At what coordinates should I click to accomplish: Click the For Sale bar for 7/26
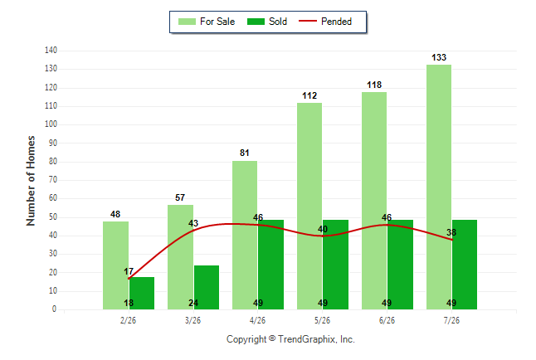(439, 187)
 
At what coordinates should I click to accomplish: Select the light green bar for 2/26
(116, 265)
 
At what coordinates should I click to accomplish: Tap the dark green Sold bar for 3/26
(207, 288)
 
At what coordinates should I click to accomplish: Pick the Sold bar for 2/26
(142, 294)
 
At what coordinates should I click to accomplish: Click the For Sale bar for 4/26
(245, 236)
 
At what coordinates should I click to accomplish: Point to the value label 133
(439, 57)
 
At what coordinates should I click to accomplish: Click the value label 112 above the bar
(309, 95)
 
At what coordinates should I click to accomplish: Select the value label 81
(245, 153)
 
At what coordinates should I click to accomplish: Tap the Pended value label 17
(129, 271)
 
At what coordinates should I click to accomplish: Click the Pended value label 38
(451, 232)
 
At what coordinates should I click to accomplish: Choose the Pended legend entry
(325, 22)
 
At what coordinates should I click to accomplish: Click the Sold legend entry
(267, 22)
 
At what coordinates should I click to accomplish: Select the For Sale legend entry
(207, 22)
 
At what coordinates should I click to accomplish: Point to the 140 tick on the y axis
(51, 51)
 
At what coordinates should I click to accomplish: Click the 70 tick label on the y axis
(53, 179)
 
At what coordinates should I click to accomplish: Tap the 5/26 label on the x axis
(323, 320)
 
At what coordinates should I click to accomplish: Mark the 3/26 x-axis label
(192, 320)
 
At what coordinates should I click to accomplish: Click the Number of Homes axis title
(31, 181)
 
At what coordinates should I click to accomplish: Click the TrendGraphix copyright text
(290, 339)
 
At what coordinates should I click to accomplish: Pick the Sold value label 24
(193, 303)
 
